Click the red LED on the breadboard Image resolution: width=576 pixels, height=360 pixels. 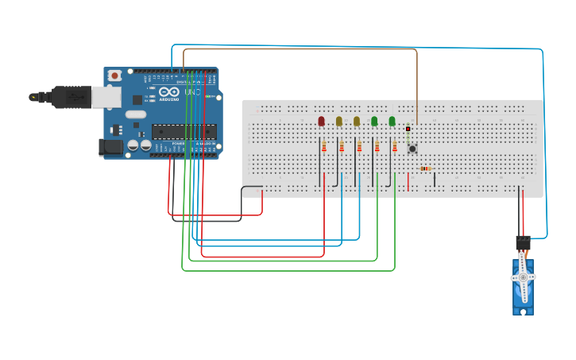pos(321,121)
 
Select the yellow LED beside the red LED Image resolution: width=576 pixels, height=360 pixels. pos(339,121)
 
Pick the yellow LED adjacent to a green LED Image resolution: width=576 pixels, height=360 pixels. pos(357,121)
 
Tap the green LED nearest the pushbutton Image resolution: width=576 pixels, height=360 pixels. pos(392,121)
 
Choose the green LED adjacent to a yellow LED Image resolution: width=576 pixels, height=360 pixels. pos(374,121)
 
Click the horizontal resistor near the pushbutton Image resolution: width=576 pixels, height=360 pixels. pos(425,168)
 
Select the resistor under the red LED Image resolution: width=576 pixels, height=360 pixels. pos(324,146)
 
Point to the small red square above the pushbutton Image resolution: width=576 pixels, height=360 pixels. pos(408,128)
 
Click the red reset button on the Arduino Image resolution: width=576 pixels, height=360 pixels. pos(115,75)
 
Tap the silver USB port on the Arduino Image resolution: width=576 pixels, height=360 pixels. pos(106,96)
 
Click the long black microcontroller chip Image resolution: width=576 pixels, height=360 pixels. pos(184,131)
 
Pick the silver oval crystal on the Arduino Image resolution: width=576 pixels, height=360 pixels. pos(136,114)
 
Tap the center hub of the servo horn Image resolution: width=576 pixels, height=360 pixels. pos(523,277)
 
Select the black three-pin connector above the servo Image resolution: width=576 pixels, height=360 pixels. pos(522,242)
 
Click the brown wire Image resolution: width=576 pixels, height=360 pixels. pos(302,49)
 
